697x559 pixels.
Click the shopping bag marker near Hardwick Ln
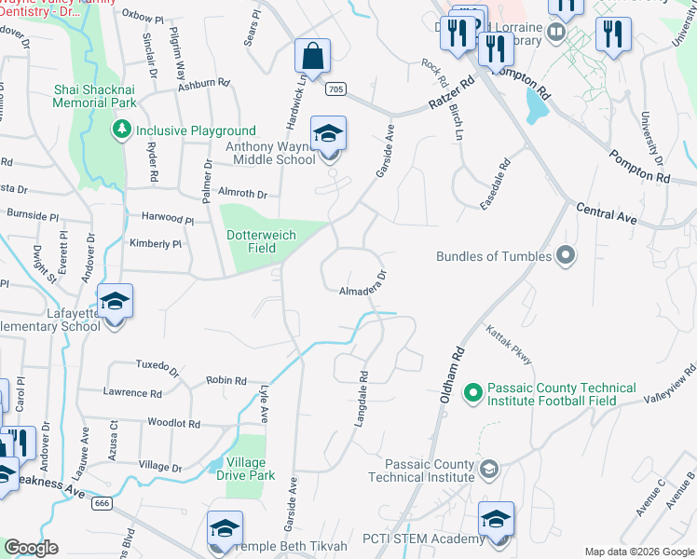(313, 56)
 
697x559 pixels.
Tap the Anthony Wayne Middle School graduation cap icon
(328, 134)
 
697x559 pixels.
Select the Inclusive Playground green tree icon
(120, 130)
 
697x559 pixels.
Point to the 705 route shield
(336, 89)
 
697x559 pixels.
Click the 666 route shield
(102, 503)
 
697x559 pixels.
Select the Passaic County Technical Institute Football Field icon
(471, 394)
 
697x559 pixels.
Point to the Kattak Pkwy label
(507, 344)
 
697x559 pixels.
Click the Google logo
(31, 548)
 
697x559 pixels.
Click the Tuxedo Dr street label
(157, 366)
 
